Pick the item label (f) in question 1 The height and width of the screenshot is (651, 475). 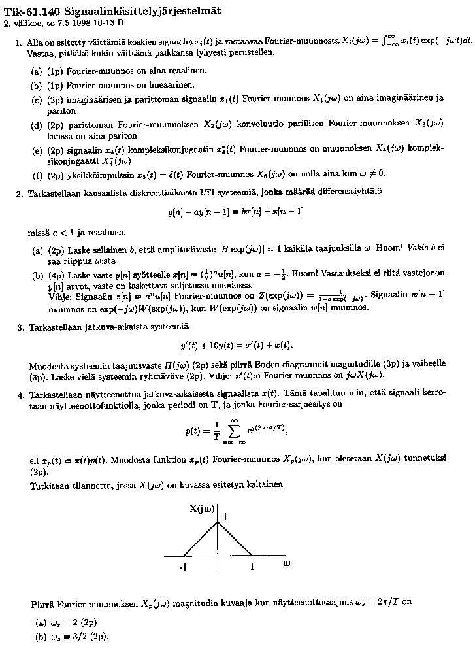click(37, 175)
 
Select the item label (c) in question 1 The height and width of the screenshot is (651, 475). click(37, 99)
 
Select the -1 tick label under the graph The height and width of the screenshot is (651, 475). click(184, 568)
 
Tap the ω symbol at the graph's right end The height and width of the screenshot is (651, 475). click(286, 563)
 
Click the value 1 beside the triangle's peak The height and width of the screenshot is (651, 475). click(225, 517)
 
